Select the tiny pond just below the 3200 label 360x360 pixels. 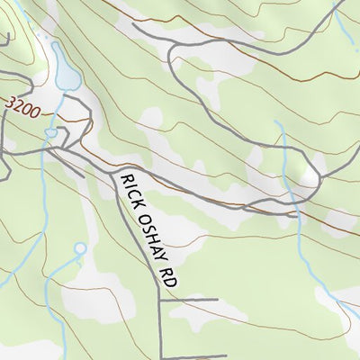51,133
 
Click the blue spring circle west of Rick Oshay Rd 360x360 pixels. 79,247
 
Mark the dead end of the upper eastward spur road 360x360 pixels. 218,298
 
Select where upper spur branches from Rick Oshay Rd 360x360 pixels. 161,299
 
